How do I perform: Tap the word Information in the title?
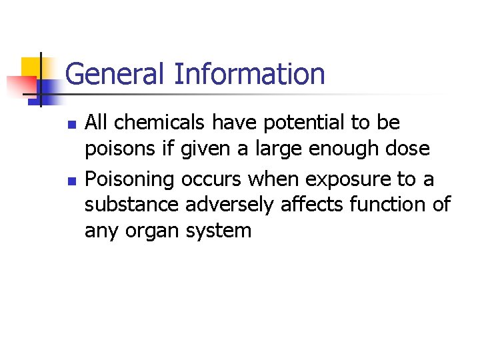(249, 74)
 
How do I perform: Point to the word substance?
(132, 205)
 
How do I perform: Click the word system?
(220, 231)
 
